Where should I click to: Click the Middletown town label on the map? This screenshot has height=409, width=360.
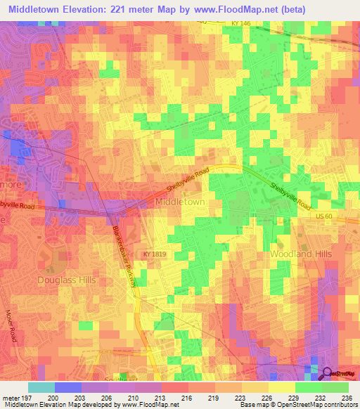[179, 202]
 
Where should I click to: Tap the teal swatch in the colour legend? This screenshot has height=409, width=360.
[41, 387]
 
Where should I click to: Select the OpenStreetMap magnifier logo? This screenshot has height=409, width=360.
[328, 373]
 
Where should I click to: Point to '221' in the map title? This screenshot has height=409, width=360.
[141, 10]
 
